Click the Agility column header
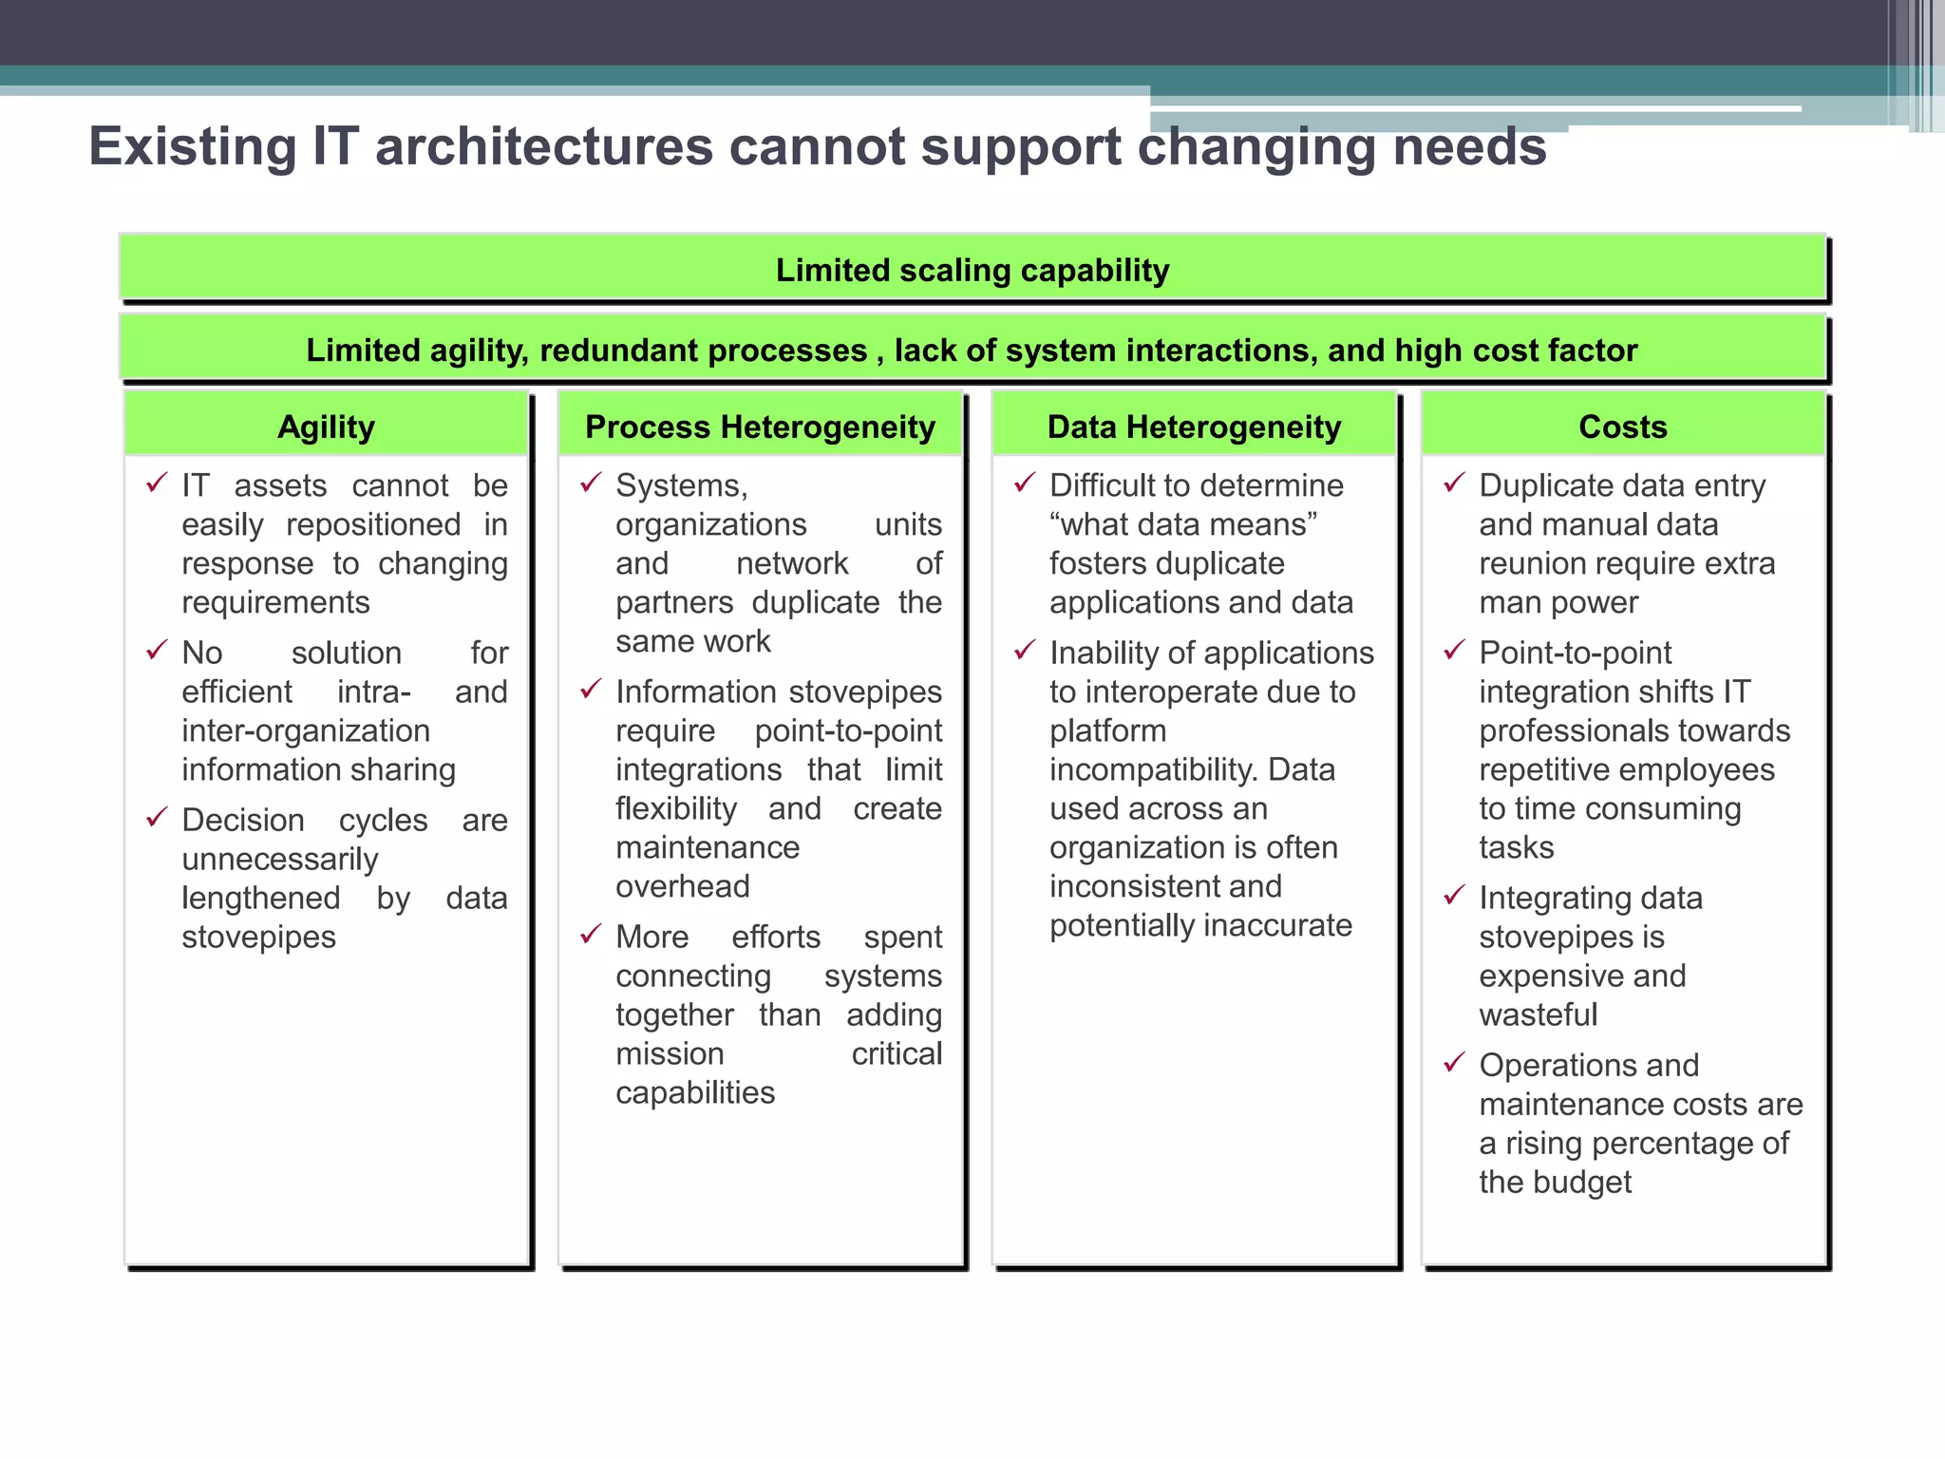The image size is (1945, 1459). (326, 427)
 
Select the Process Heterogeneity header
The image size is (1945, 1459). (760, 427)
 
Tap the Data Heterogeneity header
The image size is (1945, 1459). (1194, 427)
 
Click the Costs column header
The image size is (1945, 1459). (1622, 427)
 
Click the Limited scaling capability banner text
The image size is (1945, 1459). (972, 271)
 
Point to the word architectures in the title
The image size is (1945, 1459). (543, 147)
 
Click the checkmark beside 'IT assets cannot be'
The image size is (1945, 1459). (158, 483)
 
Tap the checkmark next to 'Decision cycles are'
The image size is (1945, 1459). (158, 818)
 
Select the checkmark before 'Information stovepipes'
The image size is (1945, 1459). (592, 690)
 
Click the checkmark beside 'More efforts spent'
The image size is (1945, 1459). (592, 935)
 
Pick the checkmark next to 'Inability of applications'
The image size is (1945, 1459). (1025, 651)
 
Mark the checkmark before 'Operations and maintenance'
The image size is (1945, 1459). (1455, 1063)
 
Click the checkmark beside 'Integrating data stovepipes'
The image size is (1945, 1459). (1455, 896)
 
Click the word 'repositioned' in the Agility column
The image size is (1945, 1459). (373, 525)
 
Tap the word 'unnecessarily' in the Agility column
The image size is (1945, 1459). (280, 860)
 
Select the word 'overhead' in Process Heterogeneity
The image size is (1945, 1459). (683, 887)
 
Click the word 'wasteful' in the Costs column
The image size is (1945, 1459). (1539, 1015)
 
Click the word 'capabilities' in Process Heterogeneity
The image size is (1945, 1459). (695, 1093)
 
